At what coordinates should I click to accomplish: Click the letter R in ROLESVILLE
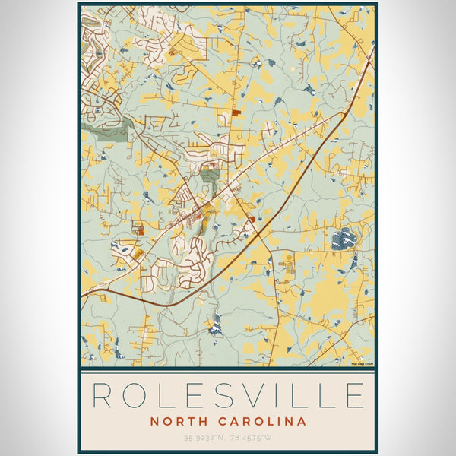(x=103, y=396)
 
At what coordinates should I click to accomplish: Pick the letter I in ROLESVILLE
(x=291, y=396)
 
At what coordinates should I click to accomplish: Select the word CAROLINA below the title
(x=262, y=421)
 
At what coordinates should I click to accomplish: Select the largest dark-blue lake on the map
(x=344, y=239)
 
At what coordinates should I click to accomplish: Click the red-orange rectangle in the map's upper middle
(x=236, y=112)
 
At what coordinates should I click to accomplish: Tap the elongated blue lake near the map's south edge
(x=217, y=325)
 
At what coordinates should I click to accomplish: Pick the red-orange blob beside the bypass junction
(x=251, y=220)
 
